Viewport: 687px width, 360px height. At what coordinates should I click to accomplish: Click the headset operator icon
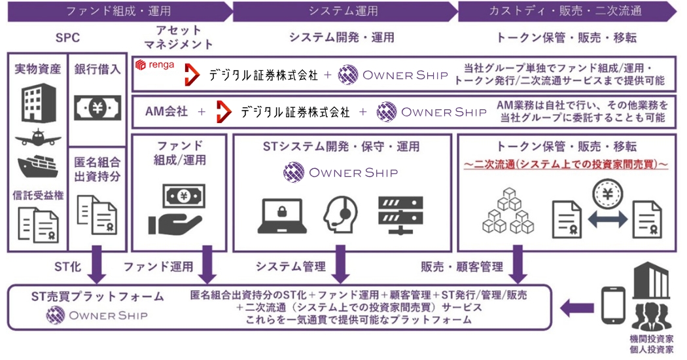point(340,211)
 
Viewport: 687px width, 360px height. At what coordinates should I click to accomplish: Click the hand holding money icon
point(178,209)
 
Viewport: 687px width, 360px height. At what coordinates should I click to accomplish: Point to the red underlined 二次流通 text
point(565,164)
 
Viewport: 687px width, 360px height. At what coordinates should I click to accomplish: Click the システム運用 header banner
point(343,11)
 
